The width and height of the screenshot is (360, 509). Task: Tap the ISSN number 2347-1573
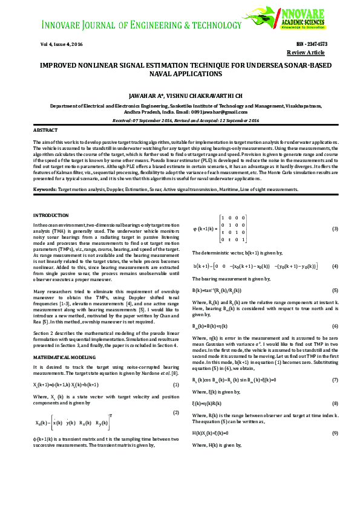(x=312, y=45)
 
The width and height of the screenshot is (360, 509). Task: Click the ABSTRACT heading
(x=45, y=131)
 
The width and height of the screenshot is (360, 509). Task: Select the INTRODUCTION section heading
(x=51, y=215)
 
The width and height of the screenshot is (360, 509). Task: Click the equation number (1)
(x=176, y=385)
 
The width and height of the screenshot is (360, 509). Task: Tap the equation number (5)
(x=335, y=291)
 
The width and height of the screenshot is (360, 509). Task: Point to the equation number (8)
(x=335, y=403)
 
